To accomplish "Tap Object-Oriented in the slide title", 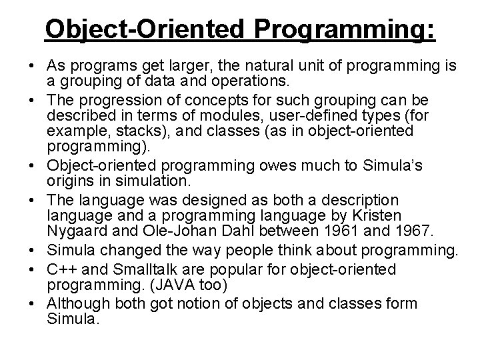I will click(138, 31).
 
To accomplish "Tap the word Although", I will click(76, 304).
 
